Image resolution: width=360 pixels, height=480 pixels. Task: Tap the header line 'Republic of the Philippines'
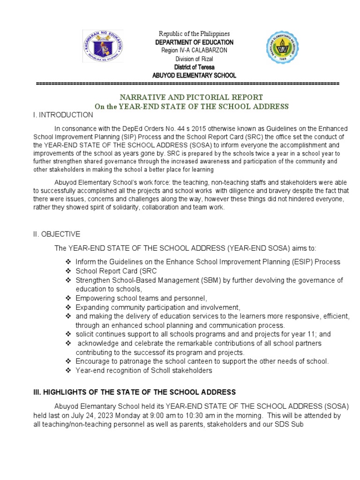click(x=194, y=34)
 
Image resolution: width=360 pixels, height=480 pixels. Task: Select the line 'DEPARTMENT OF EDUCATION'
click(x=194, y=42)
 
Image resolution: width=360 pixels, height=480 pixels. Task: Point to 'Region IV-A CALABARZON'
click(x=194, y=51)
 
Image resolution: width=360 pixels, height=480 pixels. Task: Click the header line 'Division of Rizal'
click(x=194, y=59)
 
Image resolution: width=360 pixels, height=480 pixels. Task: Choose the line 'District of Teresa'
click(x=194, y=67)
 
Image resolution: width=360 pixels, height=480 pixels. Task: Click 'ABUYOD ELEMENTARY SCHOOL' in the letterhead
click(x=194, y=75)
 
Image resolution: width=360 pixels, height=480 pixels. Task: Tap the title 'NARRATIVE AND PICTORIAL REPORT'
click(x=191, y=97)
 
